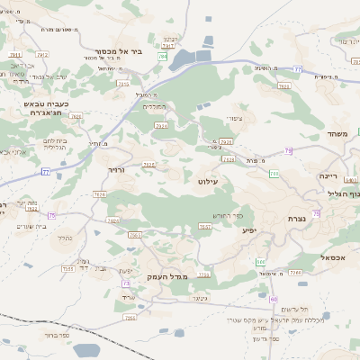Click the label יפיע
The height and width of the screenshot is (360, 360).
coord(249,229)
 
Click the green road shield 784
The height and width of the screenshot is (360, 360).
coord(163,57)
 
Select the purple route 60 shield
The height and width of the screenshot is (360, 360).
coord(273,298)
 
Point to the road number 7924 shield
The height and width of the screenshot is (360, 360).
coord(160,126)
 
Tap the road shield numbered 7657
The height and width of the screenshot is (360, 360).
coord(205,227)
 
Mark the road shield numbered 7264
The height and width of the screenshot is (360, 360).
coord(130,318)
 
